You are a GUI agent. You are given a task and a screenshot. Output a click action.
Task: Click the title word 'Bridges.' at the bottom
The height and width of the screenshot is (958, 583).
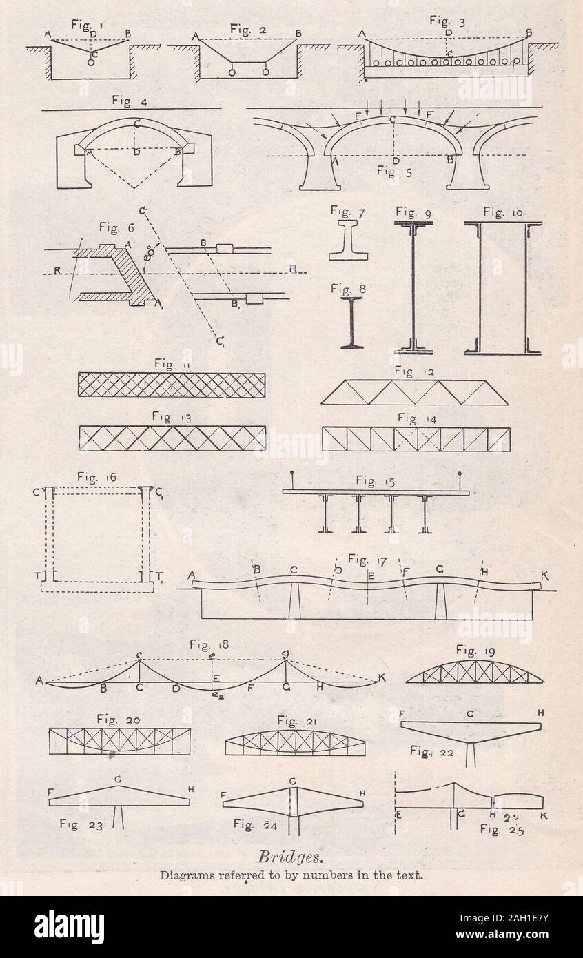pyautogui.click(x=290, y=857)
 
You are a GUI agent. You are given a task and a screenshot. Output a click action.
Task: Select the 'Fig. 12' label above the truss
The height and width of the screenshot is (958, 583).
pyautogui.click(x=413, y=372)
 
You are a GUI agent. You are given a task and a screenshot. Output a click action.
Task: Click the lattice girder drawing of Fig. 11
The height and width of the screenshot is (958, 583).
pyautogui.click(x=172, y=385)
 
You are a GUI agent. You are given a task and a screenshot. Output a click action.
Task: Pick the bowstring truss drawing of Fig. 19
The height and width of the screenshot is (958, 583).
pyautogui.click(x=475, y=672)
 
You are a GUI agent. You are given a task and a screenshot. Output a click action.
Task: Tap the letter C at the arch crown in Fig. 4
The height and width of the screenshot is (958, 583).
pyautogui.click(x=139, y=124)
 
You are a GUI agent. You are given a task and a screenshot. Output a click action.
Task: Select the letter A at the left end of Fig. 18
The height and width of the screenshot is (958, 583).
pyautogui.click(x=39, y=682)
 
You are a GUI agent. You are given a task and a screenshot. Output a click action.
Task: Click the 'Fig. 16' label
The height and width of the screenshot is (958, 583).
pyautogui.click(x=96, y=477)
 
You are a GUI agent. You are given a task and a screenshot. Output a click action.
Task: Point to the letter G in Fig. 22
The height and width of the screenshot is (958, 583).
pyautogui.click(x=469, y=715)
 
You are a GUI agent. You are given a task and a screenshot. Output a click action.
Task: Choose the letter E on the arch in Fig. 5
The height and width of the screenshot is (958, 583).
pyautogui.click(x=358, y=116)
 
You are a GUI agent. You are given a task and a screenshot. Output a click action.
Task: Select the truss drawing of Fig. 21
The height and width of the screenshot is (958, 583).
pyautogui.click(x=295, y=742)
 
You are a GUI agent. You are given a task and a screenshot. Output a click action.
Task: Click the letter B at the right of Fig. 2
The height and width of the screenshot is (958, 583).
pyautogui.click(x=298, y=34)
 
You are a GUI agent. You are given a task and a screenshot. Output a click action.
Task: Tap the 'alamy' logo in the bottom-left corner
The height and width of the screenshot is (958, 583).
pyautogui.click(x=69, y=926)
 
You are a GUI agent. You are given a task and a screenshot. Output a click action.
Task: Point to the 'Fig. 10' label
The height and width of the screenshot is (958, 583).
pyautogui.click(x=502, y=212)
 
